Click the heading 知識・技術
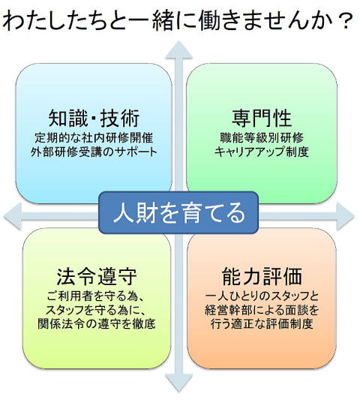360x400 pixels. point(94,118)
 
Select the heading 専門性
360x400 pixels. point(262,118)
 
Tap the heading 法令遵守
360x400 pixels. point(97,276)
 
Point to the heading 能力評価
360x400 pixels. point(262,276)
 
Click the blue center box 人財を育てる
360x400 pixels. point(178,212)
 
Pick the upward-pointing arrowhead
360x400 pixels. point(178,50)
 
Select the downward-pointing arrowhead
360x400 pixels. point(178,383)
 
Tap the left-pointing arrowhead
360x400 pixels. point(13,216)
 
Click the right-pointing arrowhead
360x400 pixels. point(345,216)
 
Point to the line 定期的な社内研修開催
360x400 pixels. point(94,138)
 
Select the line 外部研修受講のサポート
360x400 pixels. point(94,152)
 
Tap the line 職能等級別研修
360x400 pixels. point(262,138)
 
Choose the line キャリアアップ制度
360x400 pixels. point(262,152)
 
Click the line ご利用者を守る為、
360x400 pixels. point(97,296)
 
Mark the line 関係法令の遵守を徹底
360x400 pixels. point(97,324)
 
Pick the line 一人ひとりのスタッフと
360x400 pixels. point(262,296)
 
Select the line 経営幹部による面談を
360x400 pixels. point(262,310)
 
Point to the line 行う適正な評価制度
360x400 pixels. point(262,324)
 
